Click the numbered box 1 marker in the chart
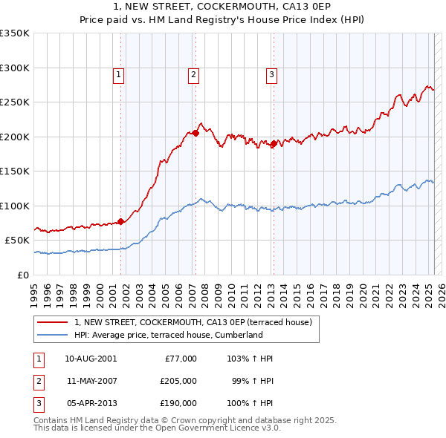coord(119,74)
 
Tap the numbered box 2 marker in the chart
coord(193,74)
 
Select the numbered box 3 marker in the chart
coord(271,74)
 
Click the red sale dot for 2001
coord(120,221)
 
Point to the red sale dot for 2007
coord(195,133)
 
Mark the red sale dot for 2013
coord(274,143)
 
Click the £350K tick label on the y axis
coord(15,33)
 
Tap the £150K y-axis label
coord(15,171)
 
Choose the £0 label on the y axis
coord(23,275)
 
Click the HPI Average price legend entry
coord(169,335)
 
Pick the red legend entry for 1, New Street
coord(197,321)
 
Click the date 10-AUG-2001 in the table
coord(91,359)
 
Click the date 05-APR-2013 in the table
coord(91,403)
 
